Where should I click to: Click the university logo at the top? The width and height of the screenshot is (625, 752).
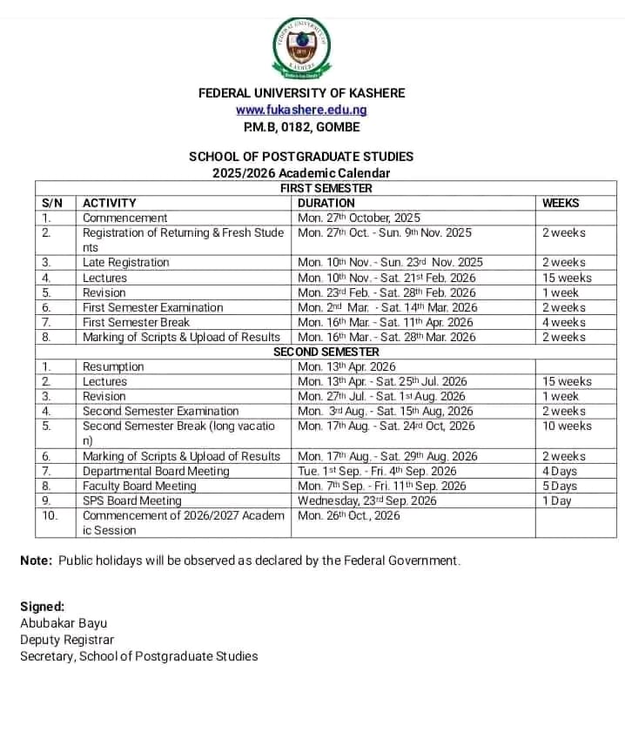[x=301, y=48]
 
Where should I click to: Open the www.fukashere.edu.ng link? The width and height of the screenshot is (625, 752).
[x=301, y=110]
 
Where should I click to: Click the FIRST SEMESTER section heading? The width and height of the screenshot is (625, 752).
[x=326, y=188]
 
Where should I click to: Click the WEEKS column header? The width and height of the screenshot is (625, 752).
[x=561, y=203]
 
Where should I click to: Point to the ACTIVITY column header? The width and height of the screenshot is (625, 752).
[x=110, y=203]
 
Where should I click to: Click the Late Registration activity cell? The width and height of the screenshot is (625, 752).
[x=125, y=262]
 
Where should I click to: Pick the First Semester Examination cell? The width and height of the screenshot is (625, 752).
[x=152, y=307]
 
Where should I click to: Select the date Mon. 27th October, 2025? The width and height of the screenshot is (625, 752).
[x=359, y=218]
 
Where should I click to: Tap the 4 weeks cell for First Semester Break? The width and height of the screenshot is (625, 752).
[x=564, y=322]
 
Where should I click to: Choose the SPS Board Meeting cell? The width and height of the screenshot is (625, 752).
[x=132, y=500]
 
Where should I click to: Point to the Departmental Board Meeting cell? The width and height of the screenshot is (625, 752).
[x=156, y=471]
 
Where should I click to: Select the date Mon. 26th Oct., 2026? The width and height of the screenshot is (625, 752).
[x=349, y=515]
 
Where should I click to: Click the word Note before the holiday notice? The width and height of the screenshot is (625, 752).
[x=36, y=561]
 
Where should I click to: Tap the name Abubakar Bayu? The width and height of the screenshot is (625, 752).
[x=64, y=623]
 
